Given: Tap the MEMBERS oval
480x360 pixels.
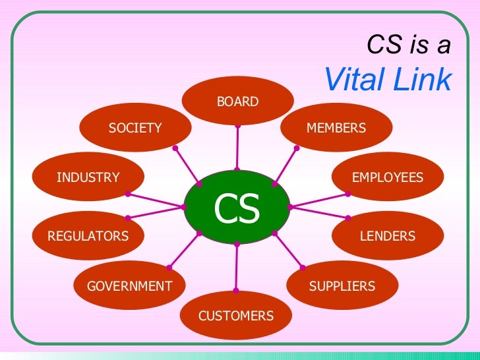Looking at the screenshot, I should pyautogui.click(x=336, y=127).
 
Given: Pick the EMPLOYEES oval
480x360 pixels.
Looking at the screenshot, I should pyautogui.click(x=388, y=177).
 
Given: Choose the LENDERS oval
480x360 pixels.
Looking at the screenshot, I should pyautogui.click(x=388, y=235).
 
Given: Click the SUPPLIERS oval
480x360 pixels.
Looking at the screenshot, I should pyautogui.click(x=342, y=285).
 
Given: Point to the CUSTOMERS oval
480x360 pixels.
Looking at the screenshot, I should pyautogui.click(x=236, y=316).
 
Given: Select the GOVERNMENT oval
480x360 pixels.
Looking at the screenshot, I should pyautogui.click(x=129, y=285).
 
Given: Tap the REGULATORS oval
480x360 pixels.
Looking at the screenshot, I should pyautogui.click(x=88, y=235).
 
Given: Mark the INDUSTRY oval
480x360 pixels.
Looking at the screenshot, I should pyautogui.click(x=88, y=177).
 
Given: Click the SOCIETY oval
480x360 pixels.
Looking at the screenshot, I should pyautogui.click(x=135, y=128).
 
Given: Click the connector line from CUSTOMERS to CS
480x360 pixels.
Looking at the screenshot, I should pyautogui.click(x=236, y=267).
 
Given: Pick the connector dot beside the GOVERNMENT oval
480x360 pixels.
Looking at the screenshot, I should pyautogui.click(x=169, y=267).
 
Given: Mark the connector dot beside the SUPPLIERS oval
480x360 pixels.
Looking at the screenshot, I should pyautogui.click(x=303, y=267).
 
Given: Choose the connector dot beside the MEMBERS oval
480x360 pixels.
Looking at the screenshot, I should pyautogui.click(x=296, y=148).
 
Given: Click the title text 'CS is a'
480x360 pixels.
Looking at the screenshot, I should pyautogui.click(x=409, y=45).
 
